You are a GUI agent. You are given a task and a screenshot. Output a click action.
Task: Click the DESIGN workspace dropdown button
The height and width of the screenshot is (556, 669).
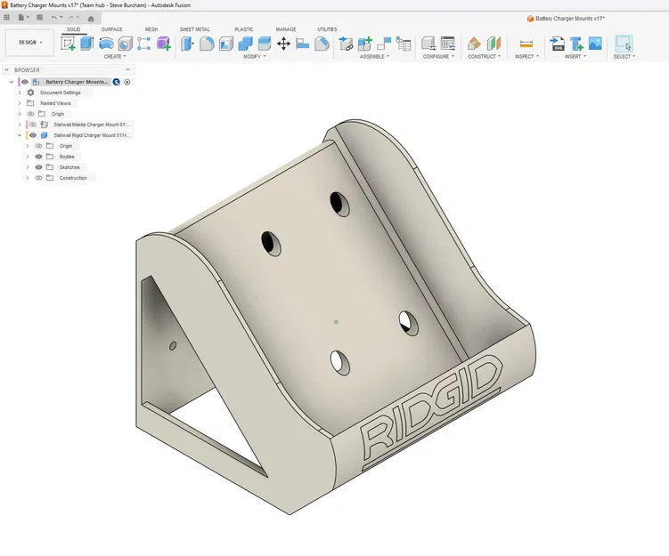click(30, 42)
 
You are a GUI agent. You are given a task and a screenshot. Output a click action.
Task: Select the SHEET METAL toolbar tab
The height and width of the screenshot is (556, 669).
click(194, 29)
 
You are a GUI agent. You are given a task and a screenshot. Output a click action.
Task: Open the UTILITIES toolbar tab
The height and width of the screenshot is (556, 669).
click(327, 29)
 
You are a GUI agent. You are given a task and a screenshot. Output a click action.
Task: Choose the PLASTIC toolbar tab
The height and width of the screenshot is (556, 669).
click(243, 29)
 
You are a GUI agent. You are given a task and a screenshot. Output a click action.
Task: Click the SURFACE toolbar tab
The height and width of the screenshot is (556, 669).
click(111, 29)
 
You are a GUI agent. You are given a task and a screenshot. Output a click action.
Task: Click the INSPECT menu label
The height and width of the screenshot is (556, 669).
click(526, 56)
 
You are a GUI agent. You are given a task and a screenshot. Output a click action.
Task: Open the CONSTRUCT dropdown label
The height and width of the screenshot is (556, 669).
click(483, 56)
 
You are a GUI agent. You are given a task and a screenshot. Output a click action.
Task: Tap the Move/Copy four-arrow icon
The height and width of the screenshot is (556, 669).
click(283, 43)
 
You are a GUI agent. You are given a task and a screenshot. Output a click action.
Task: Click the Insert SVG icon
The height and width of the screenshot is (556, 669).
click(558, 43)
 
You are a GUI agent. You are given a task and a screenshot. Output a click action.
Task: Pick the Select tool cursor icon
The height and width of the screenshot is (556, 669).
click(623, 43)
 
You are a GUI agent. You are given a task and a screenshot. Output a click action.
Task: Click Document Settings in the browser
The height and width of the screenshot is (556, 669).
click(60, 93)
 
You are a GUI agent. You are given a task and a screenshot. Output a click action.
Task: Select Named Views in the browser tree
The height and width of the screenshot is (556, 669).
click(55, 103)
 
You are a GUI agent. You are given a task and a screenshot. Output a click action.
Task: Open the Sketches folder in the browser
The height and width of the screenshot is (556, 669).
click(69, 167)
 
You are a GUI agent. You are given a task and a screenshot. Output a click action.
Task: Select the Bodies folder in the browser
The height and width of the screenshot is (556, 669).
click(67, 157)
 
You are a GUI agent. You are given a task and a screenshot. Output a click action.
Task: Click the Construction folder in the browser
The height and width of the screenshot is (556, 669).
click(73, 178)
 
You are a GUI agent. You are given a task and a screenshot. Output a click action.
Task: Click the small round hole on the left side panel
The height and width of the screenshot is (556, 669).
click(173, 343)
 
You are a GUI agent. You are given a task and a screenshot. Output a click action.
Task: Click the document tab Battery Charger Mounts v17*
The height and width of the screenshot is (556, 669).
click(570, 18)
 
